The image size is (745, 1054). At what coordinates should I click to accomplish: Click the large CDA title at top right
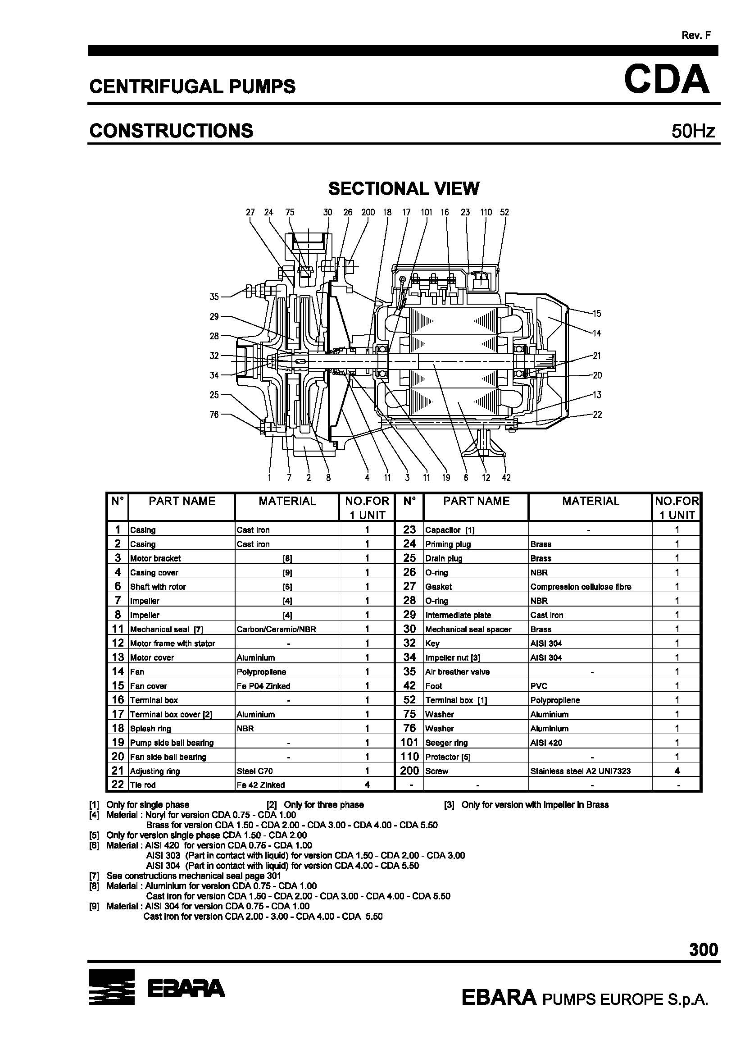[667, 79]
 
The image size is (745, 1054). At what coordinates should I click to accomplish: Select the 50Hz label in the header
[693, 132]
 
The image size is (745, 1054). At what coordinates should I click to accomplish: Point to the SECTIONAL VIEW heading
[404, 189]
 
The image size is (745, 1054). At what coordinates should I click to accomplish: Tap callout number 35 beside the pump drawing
[214, 297]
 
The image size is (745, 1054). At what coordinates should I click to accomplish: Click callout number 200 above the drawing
[368, 212]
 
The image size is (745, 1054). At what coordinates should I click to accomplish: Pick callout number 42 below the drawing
[506, 477]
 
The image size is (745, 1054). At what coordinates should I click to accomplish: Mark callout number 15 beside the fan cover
[596, 314]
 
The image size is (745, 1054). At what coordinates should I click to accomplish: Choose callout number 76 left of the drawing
[214, 415]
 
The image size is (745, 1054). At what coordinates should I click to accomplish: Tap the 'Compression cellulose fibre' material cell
[581, 587]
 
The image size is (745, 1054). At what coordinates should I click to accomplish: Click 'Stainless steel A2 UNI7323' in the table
[580, 771]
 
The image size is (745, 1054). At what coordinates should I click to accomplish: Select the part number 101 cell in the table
[409, 742]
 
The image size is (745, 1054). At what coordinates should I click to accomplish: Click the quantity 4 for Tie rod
[367, 785]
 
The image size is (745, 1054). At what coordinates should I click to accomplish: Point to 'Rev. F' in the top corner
[696, 35]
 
